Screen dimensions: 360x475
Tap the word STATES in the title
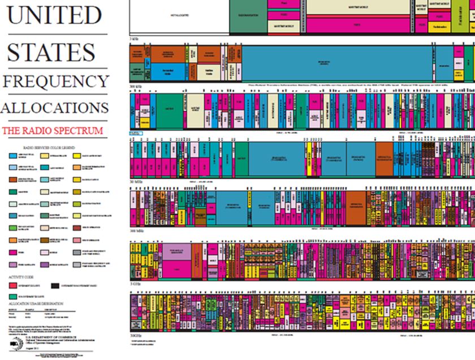51,52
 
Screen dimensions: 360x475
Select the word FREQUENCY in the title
55,81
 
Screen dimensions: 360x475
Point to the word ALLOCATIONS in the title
54,108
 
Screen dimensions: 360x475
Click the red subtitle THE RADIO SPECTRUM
53,131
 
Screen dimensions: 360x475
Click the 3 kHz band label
134,39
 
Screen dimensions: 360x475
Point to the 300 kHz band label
136,85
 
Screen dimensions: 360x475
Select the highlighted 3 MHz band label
136,134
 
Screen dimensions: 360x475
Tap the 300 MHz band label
137,232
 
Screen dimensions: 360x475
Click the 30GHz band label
136,335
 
